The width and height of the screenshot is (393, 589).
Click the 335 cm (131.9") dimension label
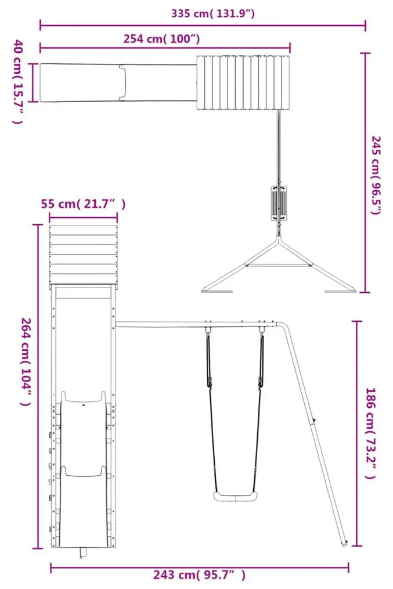click(x=213, y=13)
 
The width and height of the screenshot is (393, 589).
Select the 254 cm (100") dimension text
click(x=162, y=39)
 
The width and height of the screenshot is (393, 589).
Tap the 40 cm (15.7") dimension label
click(x=19, y=81)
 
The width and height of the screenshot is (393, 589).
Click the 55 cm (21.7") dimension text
click(x=83, y=204)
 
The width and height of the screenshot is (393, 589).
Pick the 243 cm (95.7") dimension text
click(x=199, y=574)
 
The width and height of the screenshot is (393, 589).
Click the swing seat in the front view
click(x=235, y=496)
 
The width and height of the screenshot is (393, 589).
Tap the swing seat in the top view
click(x=279, y=203)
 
